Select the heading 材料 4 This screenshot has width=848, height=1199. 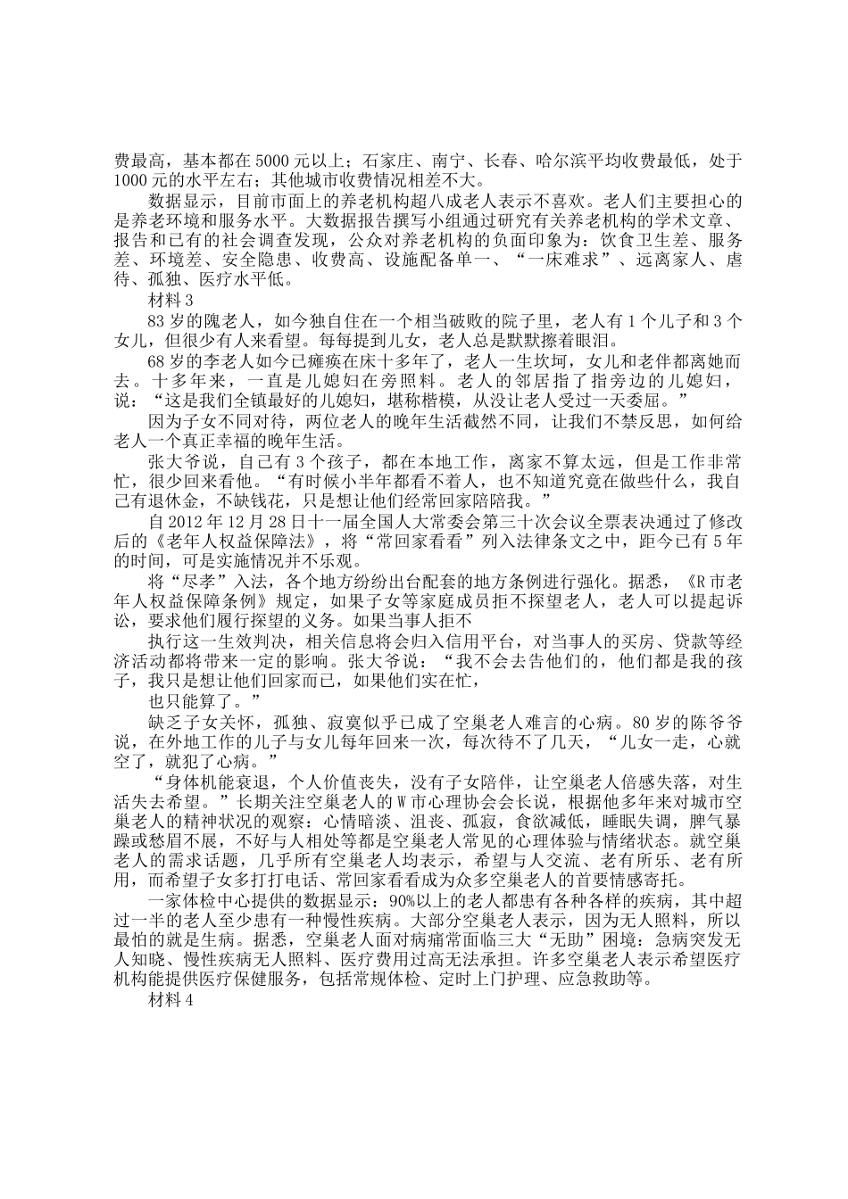click(169, 1000)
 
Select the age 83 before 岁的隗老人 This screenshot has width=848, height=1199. click(159, 319)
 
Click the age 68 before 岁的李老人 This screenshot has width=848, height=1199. click(159, 361)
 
